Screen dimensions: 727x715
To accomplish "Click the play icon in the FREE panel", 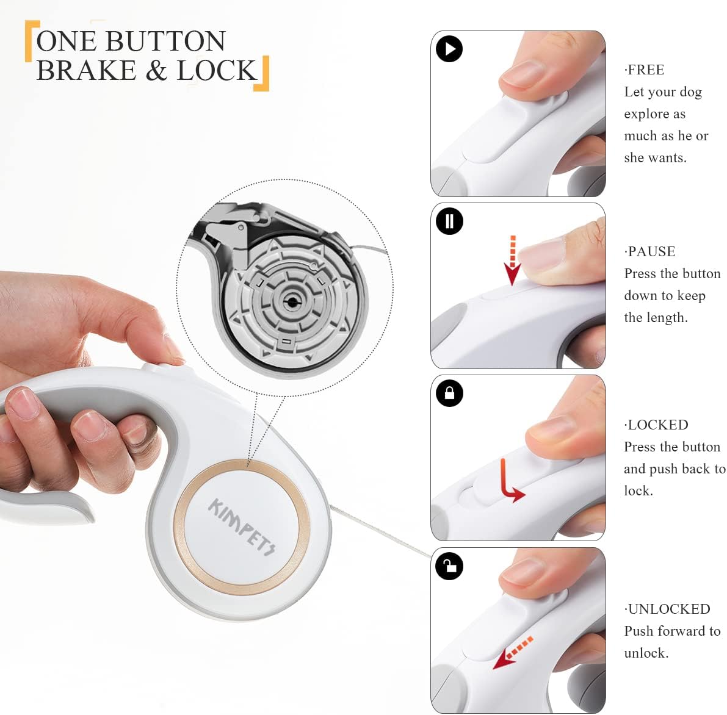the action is tap(449, 49).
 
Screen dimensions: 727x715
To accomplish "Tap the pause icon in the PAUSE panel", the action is tap(449, 221).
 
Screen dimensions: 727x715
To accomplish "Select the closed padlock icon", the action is tap(449, 393).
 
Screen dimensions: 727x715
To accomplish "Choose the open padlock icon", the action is tap(449, 566).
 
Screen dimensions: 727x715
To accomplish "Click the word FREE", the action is tap(646, 70).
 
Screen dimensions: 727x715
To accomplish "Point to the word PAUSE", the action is tap(651, 251).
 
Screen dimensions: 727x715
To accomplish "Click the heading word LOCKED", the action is tap(658, 425).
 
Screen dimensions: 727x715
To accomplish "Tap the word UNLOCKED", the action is tap(669, 609).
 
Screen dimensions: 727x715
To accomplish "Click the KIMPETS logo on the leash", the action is tap(242, 526).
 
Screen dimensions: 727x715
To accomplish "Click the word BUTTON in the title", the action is tap(165, 41).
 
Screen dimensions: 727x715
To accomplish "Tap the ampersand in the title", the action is tap(156, 70).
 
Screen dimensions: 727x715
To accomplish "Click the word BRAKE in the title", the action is tap(86, 70).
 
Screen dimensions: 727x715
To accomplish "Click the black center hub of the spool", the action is tap(292, 303).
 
